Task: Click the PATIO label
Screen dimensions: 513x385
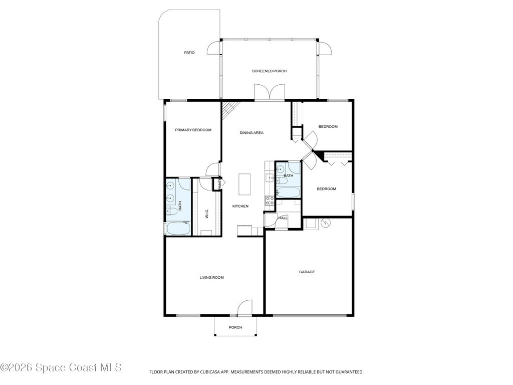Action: coord(189,52)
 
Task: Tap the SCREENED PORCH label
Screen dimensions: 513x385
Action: coord(269,71)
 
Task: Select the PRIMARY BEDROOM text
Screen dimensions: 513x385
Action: coord(193,130)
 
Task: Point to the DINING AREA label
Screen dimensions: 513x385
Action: coord(251,133)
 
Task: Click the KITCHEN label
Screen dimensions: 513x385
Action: coord(240,206)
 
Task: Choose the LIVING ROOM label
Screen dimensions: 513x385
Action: coord(212,278)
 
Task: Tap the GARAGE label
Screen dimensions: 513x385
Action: coord(307,272)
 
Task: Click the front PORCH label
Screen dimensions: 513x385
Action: coord(235,327)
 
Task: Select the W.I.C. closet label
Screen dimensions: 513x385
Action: coord(207,214)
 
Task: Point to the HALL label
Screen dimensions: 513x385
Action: coord(283,218)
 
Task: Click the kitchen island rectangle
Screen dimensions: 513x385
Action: coord(244,184)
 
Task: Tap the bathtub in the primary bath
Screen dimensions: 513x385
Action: coord(178,229)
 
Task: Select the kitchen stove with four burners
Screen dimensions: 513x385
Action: coord(270,201)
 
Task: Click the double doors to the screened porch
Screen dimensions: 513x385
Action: coord(270,92)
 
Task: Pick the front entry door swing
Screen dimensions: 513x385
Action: coord(244,308)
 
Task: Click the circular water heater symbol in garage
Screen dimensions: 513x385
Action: coord(326,223)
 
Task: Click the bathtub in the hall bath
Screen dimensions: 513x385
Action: coord(288,192)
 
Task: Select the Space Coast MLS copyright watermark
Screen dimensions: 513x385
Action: coord(61,367)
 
